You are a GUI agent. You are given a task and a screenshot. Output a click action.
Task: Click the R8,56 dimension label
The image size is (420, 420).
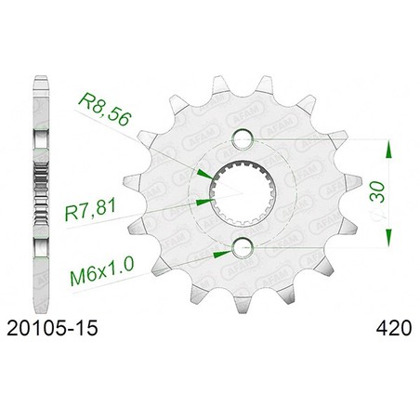pos(105,111)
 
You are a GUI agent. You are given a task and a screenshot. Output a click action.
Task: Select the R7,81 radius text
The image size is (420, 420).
pos(90,210)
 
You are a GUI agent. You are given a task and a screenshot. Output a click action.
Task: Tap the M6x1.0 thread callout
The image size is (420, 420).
pos(102,271)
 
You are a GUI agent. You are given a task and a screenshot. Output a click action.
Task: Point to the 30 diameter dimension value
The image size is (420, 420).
pos(377,192)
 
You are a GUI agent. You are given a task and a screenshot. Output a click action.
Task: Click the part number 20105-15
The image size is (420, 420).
pos(52,328)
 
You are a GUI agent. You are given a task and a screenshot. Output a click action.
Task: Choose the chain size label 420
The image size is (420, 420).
pos(394,328)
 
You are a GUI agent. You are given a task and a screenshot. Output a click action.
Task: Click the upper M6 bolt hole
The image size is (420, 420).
pos(243,138)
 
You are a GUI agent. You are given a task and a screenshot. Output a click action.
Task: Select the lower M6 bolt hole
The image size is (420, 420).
pos(243,248)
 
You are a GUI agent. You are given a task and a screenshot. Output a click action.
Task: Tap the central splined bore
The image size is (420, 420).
pos(243,192)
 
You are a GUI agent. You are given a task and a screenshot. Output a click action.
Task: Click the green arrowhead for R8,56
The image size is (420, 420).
pos(205,174)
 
